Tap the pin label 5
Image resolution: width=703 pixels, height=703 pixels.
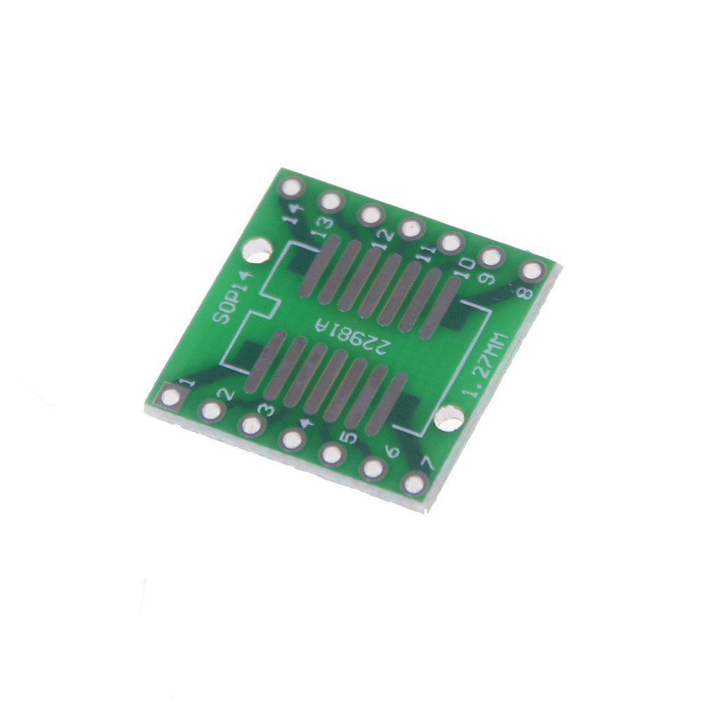[x=348, y=437]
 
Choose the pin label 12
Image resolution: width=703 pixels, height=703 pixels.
[x=382, y=241]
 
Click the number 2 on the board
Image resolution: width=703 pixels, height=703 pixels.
[x=225, y=394]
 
